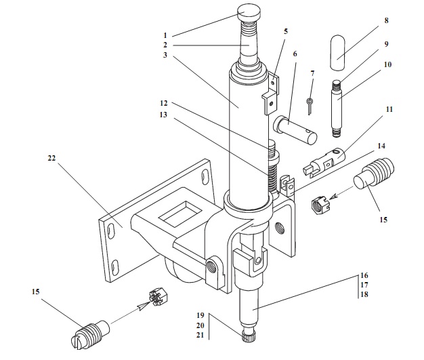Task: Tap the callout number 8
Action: click(x=386, y=21)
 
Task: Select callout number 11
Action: click(x=388, y=108)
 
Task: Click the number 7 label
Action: click(x=312, y=73)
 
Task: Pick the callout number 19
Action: click(x=200, y=316)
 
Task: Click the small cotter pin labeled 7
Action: click(x=309, y=106)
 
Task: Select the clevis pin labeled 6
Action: click(x=296, y=129)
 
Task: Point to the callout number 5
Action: click(x=286, y=31)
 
